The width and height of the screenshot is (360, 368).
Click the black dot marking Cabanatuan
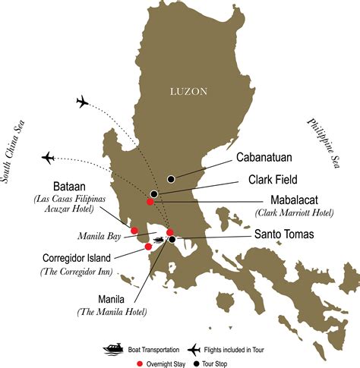[172, 178]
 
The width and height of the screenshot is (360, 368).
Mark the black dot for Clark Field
[154, 194]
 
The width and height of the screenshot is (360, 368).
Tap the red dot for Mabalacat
[150, 201]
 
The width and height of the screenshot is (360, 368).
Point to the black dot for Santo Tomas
[172, 240]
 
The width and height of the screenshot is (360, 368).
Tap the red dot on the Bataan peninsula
[134, 231]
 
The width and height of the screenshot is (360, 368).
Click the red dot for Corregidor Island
[147, 246]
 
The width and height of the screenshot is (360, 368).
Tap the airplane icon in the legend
[195, 349]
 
